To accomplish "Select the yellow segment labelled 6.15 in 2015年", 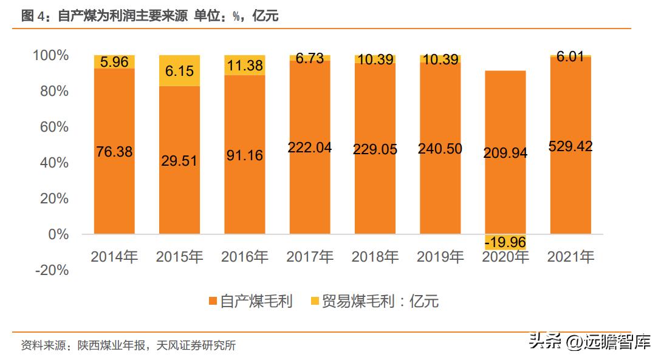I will (x=179, y=70).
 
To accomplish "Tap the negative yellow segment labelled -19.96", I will (x=505, y=242).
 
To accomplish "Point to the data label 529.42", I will (x=571, y=146).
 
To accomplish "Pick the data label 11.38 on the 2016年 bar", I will (x=245, y=66).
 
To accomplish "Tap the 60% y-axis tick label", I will (x=53, y=127).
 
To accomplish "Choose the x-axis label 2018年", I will (x=375, y=257).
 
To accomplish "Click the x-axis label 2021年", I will (x=570, y=257).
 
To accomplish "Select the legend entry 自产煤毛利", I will (x=250, y=301).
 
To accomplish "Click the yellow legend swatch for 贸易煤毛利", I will (x=314, y=301).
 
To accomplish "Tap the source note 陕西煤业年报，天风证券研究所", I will (x=157, y=346).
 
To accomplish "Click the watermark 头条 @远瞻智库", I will (x=589, y=342).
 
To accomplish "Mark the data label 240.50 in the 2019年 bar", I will (x=440, y=149).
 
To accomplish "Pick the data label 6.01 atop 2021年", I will (x=570, y=57).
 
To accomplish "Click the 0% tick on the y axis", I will (x=59, y=234).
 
